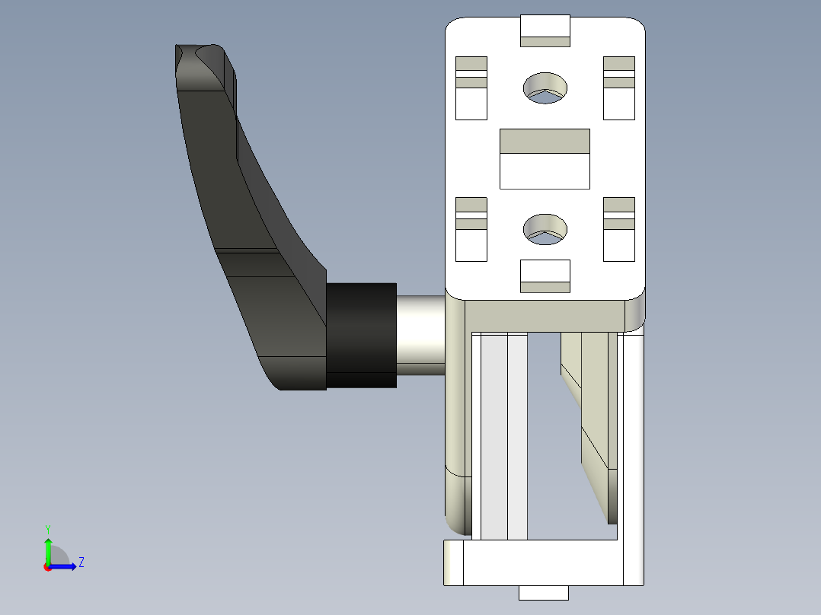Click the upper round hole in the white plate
coord(545,88)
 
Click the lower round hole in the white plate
coord(545,228)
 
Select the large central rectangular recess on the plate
coord(545,158)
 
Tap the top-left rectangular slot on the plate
coord(471,88)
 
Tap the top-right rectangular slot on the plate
coord(619,88)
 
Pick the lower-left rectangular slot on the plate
coord(471,229)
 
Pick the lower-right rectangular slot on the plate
coord(619,229)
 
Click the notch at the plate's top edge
coord(545,30)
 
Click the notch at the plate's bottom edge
coord(545,276)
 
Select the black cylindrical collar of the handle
coord(362,335)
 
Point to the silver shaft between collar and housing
coord(420,335)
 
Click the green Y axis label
coord(47,528)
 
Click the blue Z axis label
coord(81,562)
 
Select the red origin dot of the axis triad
coord(47,567)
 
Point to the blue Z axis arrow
coord(65,566)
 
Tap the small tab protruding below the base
coord(544,593)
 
